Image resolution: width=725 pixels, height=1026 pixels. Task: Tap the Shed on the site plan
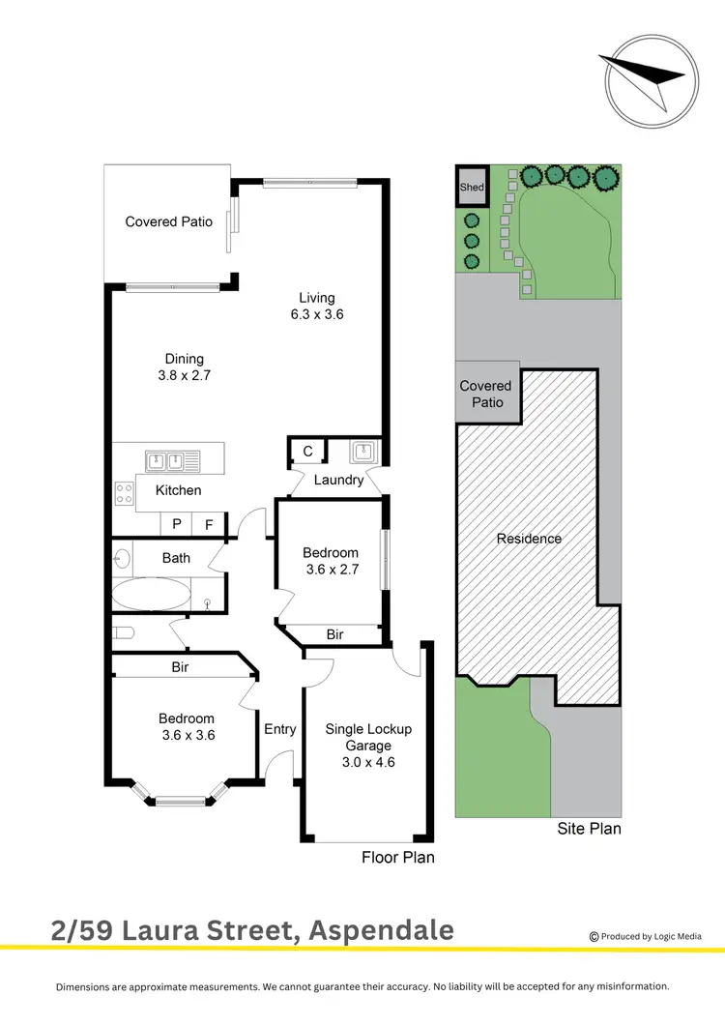click(x=472, y=188)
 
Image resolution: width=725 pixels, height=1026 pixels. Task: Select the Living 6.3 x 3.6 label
click(x=316, y=306)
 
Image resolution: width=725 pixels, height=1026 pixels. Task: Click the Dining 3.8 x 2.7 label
click(x=183, y=366)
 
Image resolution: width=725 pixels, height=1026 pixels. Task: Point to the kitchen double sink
click(x=172, y=460)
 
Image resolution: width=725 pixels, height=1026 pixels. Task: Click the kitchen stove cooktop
click(x=125, y=494)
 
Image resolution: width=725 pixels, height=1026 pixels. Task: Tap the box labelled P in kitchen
click(x=177, y=524)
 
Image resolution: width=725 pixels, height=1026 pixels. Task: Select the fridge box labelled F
click(x=208, y=524)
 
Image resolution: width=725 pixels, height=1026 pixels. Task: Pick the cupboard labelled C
click(x=307, y=451)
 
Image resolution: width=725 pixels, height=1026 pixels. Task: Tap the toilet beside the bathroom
click(x=120, y=633)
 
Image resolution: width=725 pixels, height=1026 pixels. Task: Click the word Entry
click(x=280, y=729)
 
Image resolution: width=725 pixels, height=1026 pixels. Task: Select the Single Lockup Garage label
click(x=368, y=745)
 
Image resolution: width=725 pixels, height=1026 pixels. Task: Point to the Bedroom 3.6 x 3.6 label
click(x=187, y=726)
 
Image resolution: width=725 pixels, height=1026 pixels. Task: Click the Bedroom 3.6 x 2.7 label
click(x=331, y=561)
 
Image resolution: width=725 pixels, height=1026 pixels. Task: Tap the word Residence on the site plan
click(x=529, y=539)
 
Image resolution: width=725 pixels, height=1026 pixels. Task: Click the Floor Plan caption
click(x=398, y=857)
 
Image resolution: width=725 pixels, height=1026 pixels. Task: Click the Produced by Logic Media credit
click(x=645, y=936)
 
